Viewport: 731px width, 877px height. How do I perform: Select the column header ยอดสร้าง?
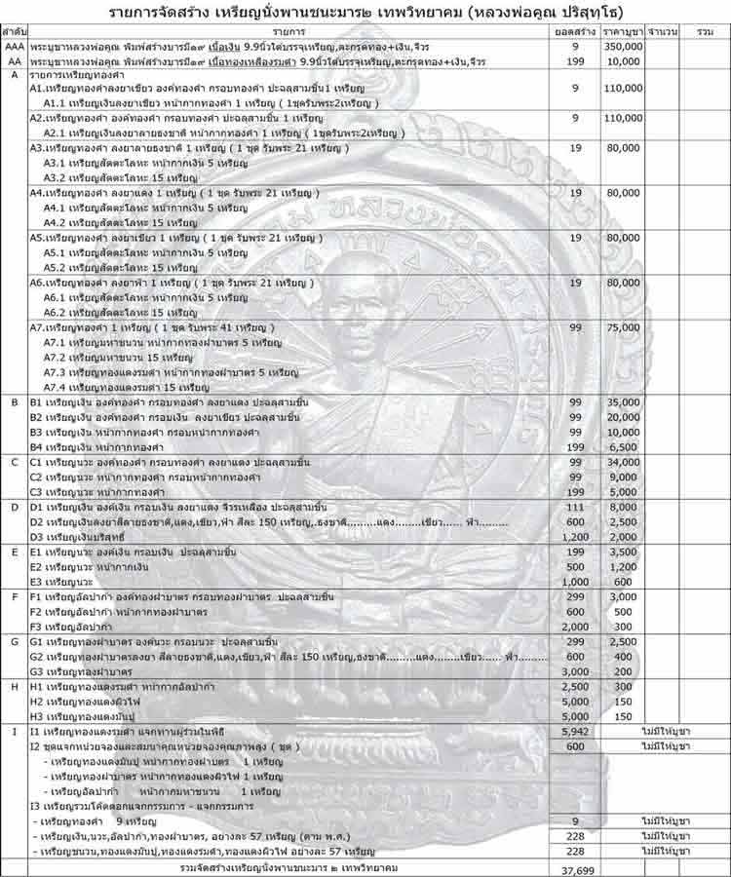coord(576,32)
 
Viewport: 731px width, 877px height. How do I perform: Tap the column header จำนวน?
coord(663,32)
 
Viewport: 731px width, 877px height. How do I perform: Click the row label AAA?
coord(14,47)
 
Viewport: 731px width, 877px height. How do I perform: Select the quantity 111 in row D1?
coord(576,507)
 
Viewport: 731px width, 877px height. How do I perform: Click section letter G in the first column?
coord(14,641)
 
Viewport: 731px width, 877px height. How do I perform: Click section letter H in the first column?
coord(14,687)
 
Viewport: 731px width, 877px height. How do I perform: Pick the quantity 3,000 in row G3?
coord(576,671)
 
